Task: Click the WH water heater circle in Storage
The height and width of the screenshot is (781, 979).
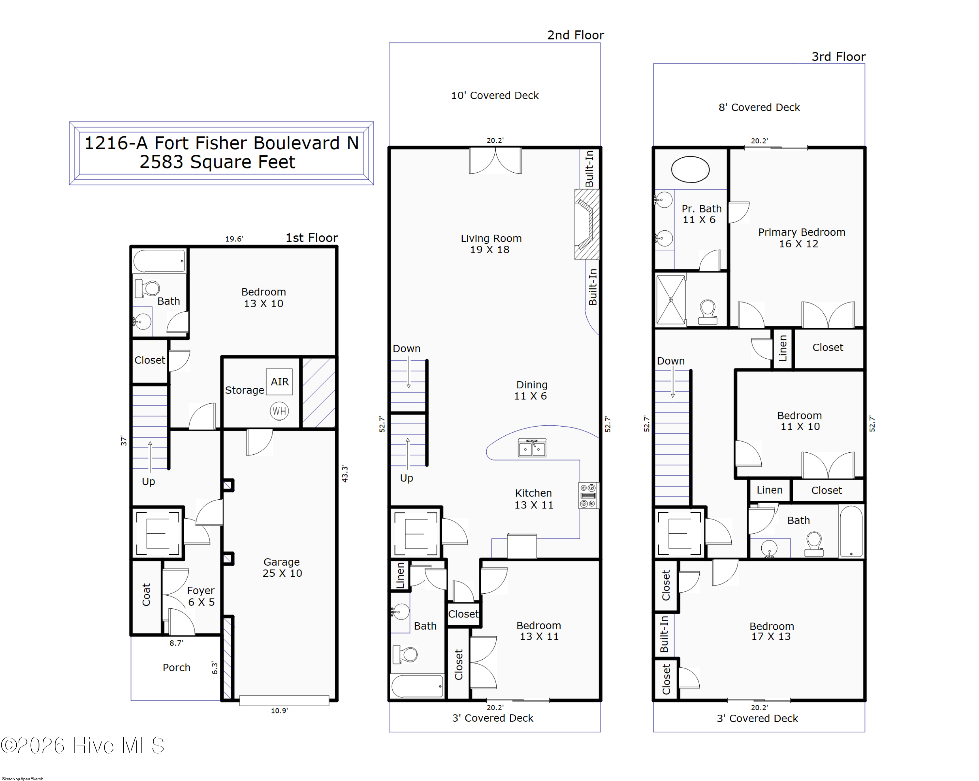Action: pos(279,411)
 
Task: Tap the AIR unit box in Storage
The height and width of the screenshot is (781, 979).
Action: pos(279,382)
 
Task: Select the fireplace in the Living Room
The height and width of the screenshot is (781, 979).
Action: pos(587,224)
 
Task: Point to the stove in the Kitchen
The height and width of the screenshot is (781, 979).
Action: pos(588,495)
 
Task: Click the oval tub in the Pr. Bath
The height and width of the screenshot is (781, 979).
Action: pos(690,169)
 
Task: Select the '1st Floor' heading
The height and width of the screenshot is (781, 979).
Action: pos(312,238)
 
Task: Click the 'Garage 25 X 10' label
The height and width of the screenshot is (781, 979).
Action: pos(282,568)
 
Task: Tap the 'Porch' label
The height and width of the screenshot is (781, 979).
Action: pos(177,667)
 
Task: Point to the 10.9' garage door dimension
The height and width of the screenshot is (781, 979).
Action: pos(279,711)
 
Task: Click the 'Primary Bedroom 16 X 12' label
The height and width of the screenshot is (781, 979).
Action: pos(801,238)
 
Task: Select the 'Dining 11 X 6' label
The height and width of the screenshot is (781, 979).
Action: pos(531,390)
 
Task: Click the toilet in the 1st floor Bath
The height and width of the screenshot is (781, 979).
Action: pos(147,288)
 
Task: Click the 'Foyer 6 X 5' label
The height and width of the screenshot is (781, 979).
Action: pos(201,596)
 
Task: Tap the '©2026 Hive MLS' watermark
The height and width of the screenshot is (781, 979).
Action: pos(82,745)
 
